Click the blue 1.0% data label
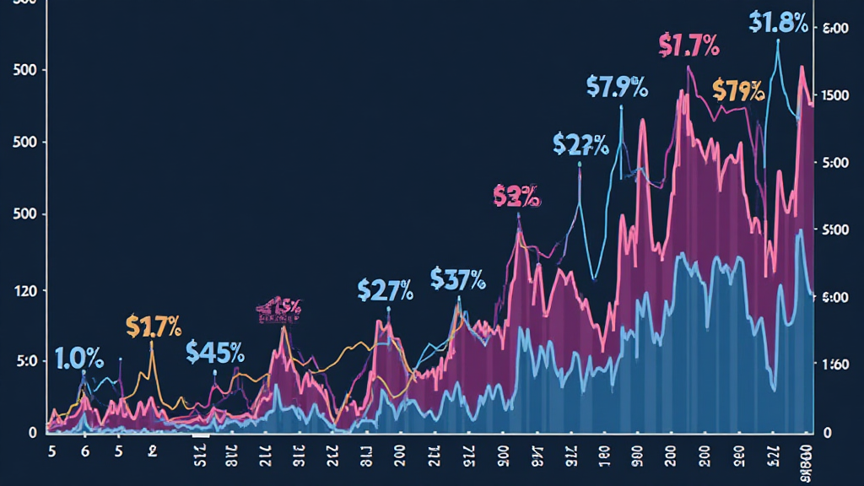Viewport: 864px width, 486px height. pyautogui.click(x=79, y=359)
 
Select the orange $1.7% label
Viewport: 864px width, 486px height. pyautogui.click(x=154, y=325)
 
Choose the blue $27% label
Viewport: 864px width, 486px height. pyautogui.click(x=385, y=290)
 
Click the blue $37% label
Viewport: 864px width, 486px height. pyautogui.click(x=457, y=278)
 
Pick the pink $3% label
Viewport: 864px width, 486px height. pyautogui.click(x=516, y=197)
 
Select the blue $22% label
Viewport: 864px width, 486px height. pyautogui.click(x=580, y=144)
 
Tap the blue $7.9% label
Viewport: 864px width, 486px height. pyautogui.click(x=617, y=86)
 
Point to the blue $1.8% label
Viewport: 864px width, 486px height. pyautogui.click(x=777, y=22)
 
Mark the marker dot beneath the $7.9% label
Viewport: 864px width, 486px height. pyautogui.click(x=621, y=107)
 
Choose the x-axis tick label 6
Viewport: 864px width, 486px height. pyautogui.click(x=84, y=451)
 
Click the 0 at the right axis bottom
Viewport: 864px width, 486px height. pyautogui.click(x=828, y=432)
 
